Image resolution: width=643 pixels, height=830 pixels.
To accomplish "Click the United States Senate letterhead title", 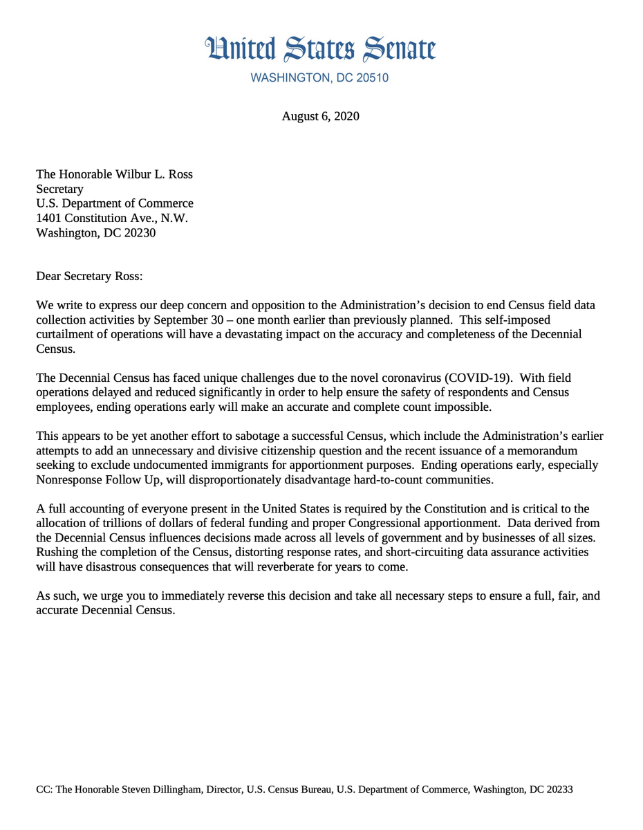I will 321,48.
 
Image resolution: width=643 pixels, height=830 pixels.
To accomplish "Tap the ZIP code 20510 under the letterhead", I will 372,78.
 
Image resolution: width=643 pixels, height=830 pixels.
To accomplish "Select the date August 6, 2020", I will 320,116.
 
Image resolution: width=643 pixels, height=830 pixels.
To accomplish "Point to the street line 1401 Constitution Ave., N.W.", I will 112,218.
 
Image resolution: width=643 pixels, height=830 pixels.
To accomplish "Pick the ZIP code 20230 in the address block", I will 138,232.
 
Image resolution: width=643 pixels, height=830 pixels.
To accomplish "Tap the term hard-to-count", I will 429,479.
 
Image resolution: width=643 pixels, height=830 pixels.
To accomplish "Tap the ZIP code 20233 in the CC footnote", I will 559,789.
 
